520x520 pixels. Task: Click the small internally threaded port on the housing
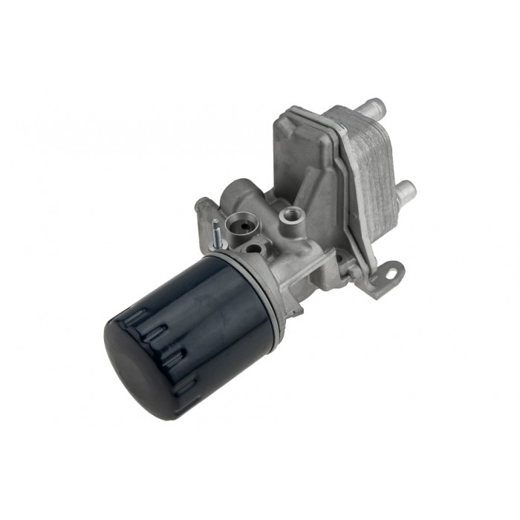289,216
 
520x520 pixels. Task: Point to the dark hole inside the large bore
240,222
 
